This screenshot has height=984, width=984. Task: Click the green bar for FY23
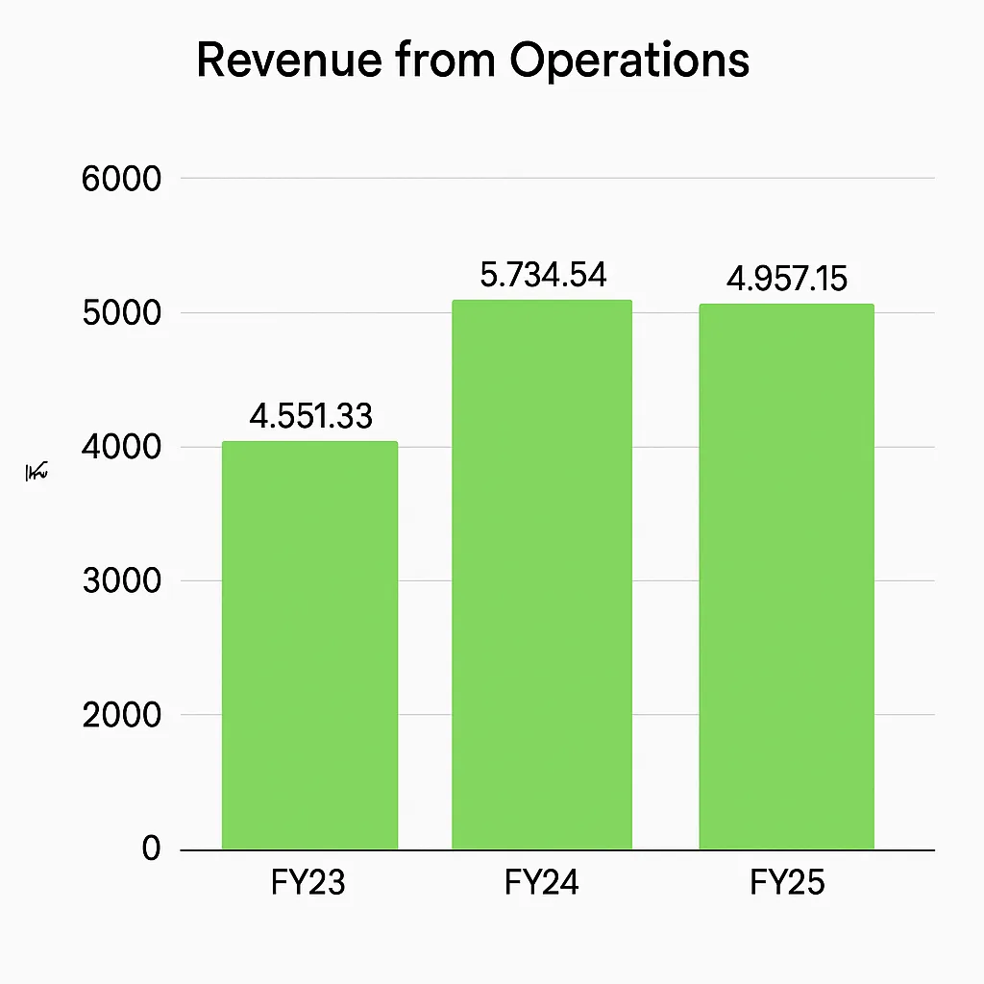[x=309, y=645]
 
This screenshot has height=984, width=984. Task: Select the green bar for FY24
[x=542, y=575]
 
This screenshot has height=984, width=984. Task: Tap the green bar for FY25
[x=786, y=577]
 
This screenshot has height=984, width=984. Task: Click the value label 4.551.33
[x=310, y=416]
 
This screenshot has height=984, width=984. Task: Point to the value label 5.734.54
[x=543, y=276]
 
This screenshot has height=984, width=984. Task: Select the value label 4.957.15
[x=786, y=279]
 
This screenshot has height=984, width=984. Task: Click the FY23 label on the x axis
[x=309, y=882]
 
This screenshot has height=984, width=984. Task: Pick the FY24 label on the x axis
[x=542, y=882]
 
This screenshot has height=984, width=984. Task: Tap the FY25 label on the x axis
[x=787, y=882]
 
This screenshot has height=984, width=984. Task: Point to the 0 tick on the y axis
[x=151, y=849]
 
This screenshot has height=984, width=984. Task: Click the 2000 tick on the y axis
[x=121, y=716]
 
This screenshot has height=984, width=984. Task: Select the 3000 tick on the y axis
[x=121, y=581]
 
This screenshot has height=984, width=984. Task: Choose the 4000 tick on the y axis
[x=121, y=448]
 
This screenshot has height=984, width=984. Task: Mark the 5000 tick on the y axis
[x=121, y=313]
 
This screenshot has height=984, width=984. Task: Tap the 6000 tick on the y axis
[x=121, y=179]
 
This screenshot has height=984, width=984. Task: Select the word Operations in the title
[x=629, y=61]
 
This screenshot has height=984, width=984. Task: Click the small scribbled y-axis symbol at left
[x=37, y=472]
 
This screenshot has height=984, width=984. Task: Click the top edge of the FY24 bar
[x=542, y=302]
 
